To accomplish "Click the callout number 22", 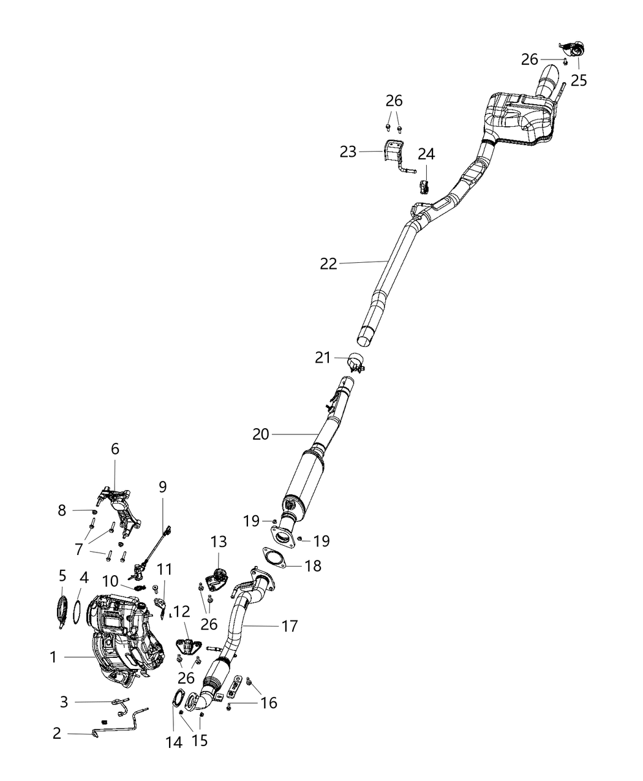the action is (x=328, y=264).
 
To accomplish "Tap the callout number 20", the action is (x=261, y=434).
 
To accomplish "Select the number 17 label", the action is (x=289, y=626).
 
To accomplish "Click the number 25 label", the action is (x=579, y=80).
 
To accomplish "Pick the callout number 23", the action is (x=348, y=152).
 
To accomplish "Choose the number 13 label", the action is (x=219, y=541).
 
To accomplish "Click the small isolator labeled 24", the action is (x=423, y=186).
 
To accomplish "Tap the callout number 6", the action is (x=115, y=449).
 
